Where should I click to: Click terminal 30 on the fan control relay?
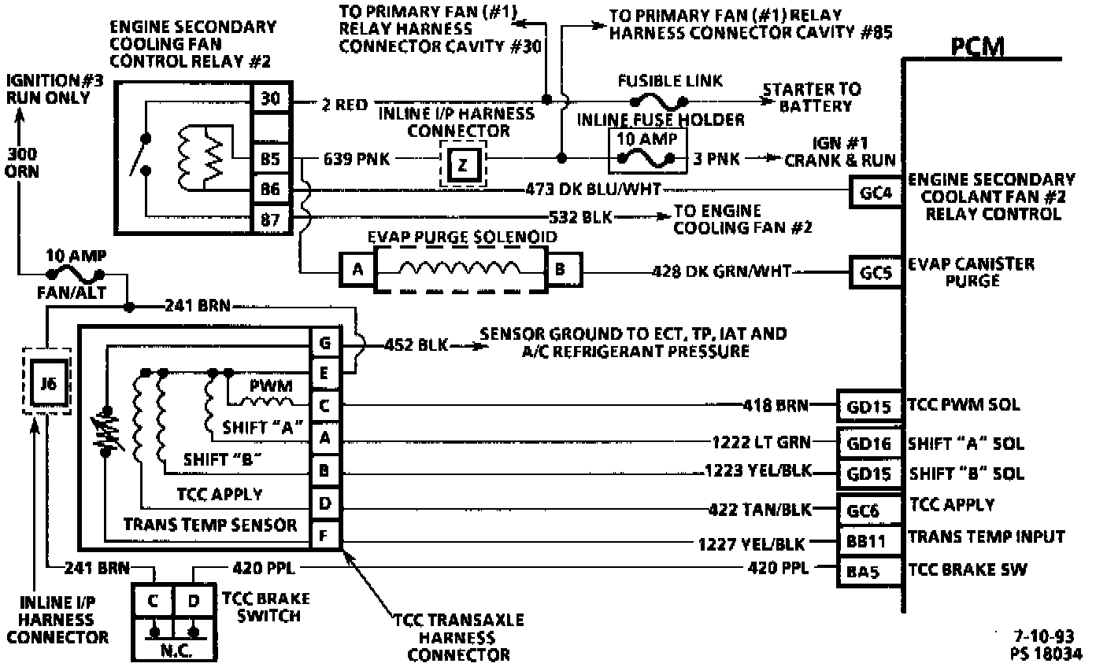click(269, 99)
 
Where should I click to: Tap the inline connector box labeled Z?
click(462, 164)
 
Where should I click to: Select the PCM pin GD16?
click(869, 443)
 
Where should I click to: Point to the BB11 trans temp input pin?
click(869, 540)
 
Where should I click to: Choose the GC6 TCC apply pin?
click(869, 510)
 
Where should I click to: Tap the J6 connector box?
click(46, 385)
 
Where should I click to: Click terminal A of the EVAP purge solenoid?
click(357, 271)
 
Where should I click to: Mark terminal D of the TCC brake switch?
click(194, 602)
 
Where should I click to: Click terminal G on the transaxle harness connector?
click(324, 343)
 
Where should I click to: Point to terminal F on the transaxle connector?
click(324, 536)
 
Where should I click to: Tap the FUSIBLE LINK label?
click(659, 81)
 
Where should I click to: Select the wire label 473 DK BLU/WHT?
click(594, 189)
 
